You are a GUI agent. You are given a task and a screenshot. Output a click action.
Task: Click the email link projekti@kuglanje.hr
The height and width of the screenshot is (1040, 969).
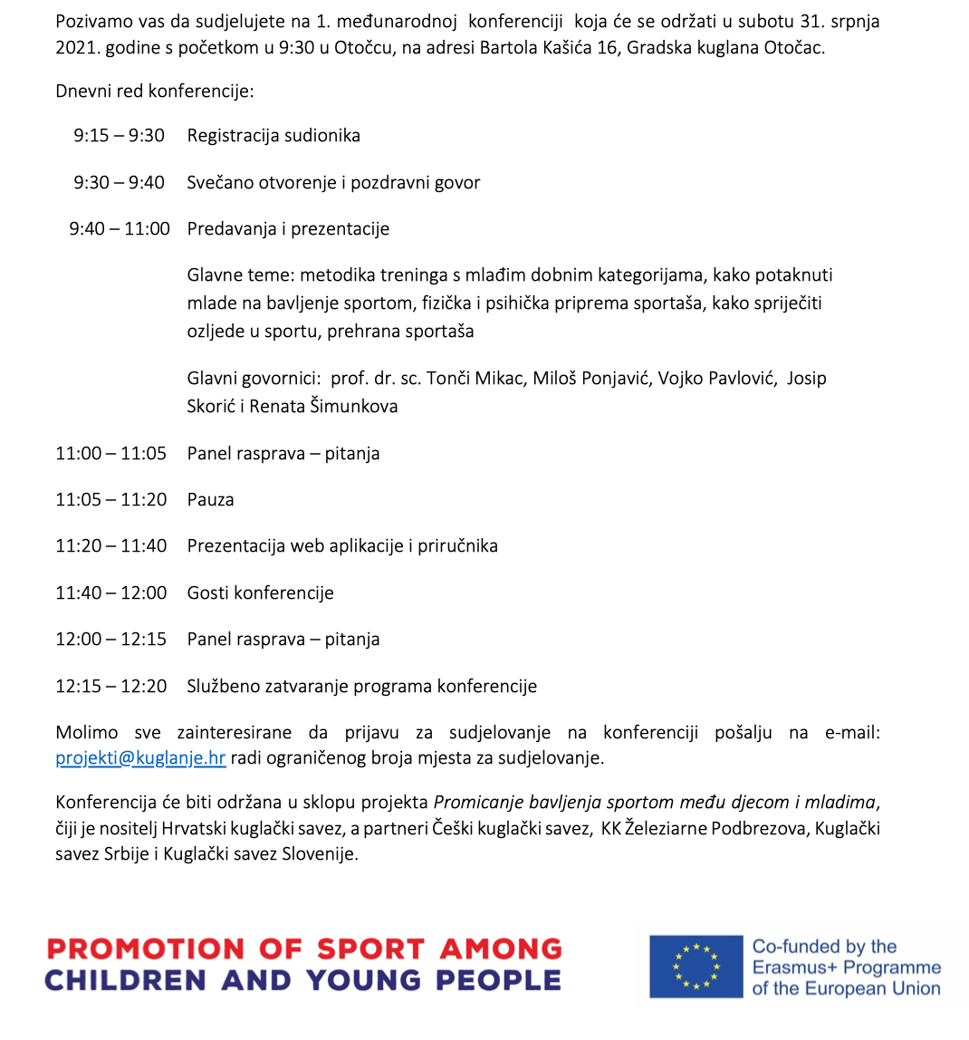[140, 758]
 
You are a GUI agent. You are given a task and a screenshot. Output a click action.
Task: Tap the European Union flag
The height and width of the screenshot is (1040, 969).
[696, 967]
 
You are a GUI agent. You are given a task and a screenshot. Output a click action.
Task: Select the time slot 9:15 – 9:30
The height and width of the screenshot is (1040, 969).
[120, 136]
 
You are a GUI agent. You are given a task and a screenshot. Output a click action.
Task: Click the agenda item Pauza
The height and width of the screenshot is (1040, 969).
[210, 500]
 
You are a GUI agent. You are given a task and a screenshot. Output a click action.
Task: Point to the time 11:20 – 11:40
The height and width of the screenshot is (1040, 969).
[111, 546]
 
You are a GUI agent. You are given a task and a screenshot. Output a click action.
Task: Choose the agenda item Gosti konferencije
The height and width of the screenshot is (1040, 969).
[260, 593]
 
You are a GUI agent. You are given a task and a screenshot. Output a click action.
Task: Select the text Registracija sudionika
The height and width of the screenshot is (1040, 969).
[273, 136]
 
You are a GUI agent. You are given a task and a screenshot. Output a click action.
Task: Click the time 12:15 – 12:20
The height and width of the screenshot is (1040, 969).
[111, 687]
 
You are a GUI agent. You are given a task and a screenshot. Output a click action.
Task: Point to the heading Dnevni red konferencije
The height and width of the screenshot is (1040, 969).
[155, 91]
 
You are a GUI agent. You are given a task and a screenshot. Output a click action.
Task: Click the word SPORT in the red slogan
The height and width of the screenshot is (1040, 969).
[369, 949]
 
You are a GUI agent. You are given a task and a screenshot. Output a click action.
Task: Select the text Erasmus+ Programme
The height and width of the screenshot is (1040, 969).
[846, 968]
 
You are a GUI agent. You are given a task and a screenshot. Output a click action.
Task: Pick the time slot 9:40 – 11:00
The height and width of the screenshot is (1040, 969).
[120, 229]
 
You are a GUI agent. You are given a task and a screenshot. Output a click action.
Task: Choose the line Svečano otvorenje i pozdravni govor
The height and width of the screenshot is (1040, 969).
[333, 183]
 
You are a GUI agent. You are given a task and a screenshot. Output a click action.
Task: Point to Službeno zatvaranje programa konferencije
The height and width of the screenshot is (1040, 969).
[361, 687]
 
